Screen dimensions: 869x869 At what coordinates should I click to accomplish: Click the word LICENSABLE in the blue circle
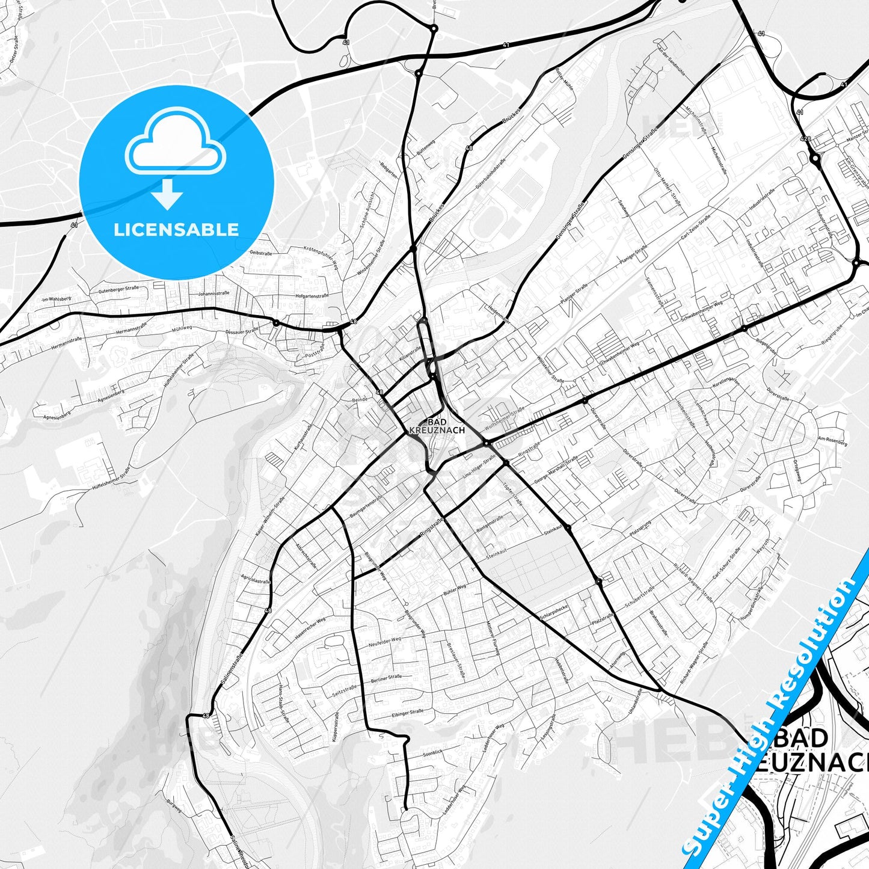coord(176,230)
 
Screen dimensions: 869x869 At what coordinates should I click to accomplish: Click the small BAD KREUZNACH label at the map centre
coord(437,426)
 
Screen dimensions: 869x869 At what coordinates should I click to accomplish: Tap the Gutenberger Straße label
coord(118,290)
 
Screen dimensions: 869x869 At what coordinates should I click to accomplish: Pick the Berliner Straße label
coord(387,677)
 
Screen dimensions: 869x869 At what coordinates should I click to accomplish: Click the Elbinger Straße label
coord(407,713)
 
